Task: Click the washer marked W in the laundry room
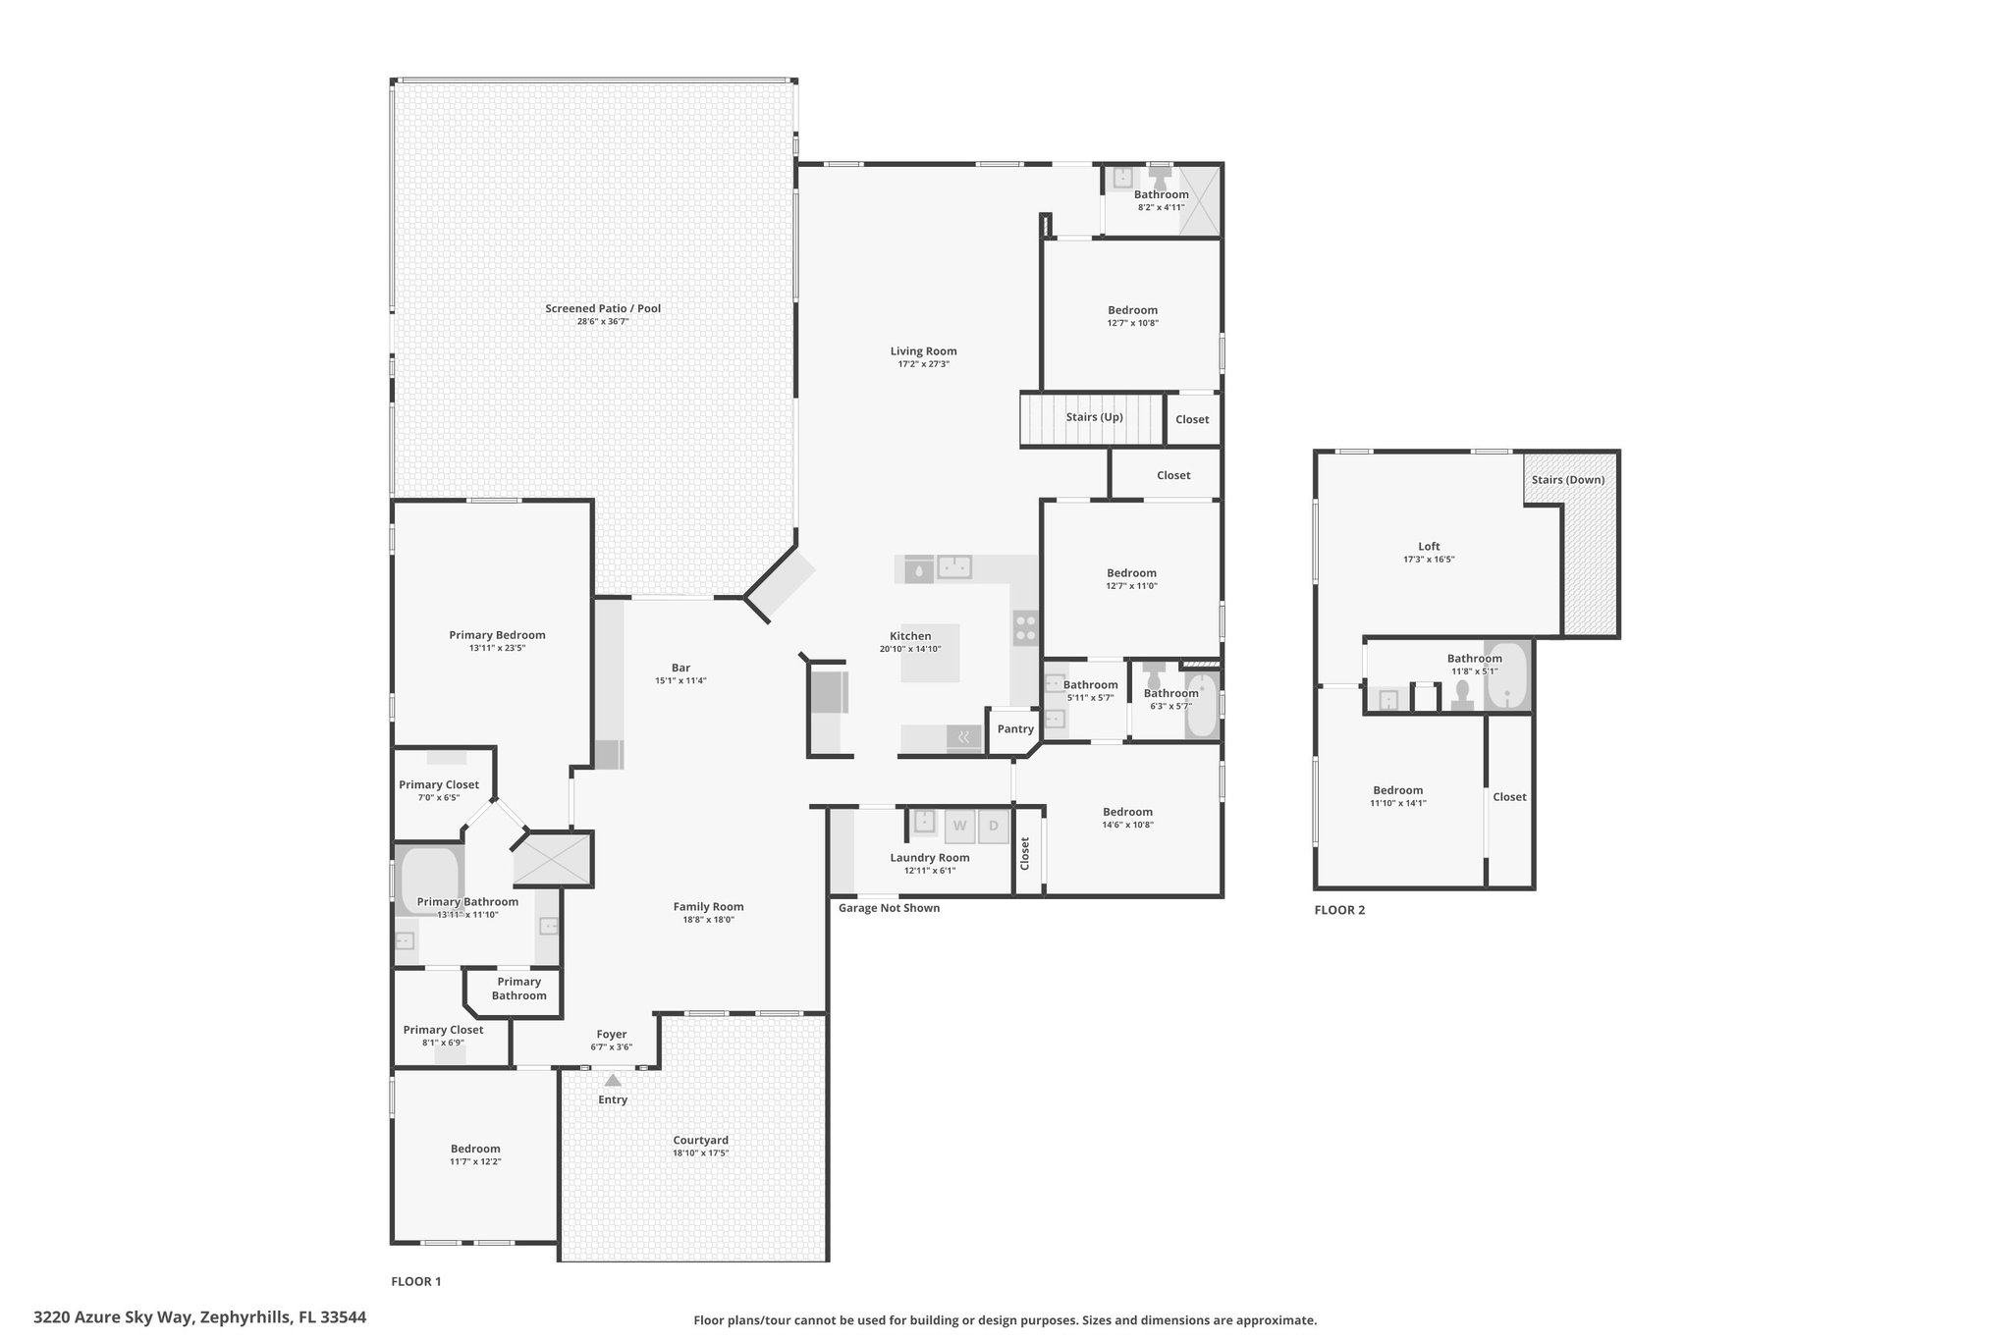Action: coord(959,826)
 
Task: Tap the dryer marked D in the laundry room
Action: coord(993,826)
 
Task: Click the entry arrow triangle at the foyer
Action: coord(613,1080)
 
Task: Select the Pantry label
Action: coord(1015,728)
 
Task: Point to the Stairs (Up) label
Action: coord(1095,417)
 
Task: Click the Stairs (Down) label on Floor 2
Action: coord(1568,480)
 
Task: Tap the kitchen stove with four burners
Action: coord(1025,628)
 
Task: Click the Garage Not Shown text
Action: coord(889,908)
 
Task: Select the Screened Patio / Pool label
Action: coord(603,308)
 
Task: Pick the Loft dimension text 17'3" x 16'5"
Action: coord(1429,560)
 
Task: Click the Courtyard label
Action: coord(701,1140)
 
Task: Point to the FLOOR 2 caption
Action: coord(1339,910)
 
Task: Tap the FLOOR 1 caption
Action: coord(416,1281)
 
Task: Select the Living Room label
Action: coord(924,351)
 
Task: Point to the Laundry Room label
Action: coord(930,858)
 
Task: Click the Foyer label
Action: coord(612,1034)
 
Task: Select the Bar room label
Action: coord(680,668)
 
